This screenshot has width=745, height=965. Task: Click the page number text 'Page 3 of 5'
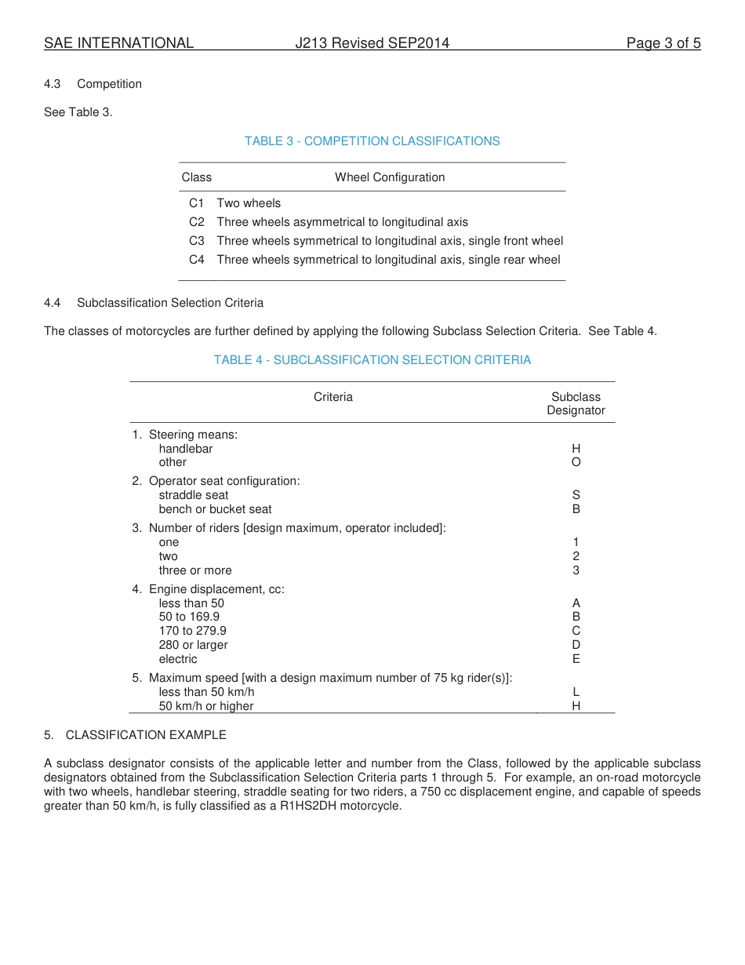coord(663,43)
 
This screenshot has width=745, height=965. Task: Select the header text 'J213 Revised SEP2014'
coord(372,43)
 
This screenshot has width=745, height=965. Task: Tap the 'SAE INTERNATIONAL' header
coord(118,43)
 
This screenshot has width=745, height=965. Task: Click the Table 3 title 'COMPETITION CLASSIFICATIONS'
coord(372,141)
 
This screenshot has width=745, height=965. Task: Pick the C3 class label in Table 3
coord(196,241)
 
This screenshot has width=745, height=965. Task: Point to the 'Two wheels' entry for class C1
coord(249,203)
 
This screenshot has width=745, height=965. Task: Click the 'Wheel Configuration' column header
coord(390,177)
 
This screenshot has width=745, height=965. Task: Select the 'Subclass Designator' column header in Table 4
coord(576,403)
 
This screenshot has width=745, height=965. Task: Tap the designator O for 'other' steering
coord(576,462)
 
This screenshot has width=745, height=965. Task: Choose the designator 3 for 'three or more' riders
coord(576,570)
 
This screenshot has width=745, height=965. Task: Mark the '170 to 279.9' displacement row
coord(192,631)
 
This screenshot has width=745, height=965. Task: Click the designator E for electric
coord(576,659)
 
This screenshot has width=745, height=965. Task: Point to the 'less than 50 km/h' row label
coord(206,692)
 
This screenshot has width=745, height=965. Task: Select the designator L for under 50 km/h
coord(576,692)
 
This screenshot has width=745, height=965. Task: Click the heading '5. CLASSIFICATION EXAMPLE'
coord(135,735)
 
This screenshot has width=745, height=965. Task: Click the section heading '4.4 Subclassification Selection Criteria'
coord(154,303)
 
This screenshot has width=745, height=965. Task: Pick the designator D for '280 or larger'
coord(576,645)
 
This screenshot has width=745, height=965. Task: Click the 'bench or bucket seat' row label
coord(215,509)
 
